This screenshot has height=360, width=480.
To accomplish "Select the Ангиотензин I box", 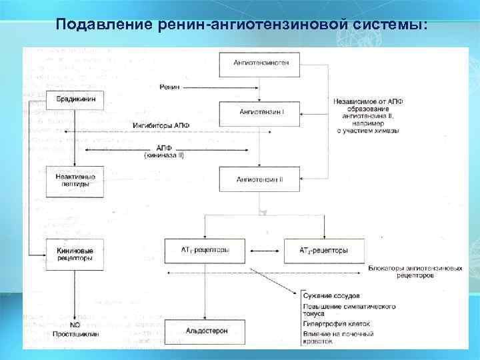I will [x=262, y=112].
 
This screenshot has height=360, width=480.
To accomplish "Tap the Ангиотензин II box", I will [x=260, y=179].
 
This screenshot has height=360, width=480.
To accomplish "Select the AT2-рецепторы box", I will [x=325, y=251].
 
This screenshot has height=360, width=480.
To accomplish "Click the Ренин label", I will [x=170, y=87].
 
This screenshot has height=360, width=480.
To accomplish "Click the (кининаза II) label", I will [x=163, y=155].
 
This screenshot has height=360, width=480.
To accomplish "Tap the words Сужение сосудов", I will [x=331, y=295].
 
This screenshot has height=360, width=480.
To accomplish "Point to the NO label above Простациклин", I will [x=75, y=325].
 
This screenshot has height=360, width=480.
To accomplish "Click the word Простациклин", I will [x=75, y=331].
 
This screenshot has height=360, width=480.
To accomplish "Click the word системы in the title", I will [x=389, y=25].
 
